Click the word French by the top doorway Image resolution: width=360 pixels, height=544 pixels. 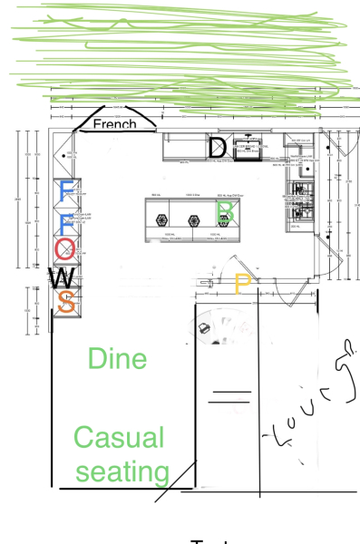(114, 123)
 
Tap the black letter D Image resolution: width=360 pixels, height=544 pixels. (218, 147)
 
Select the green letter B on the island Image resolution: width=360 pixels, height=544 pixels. (226, 212)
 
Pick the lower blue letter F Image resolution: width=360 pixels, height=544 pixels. (65, 221)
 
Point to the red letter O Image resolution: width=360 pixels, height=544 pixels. (63, 248)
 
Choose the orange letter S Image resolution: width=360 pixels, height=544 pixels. (65, 302)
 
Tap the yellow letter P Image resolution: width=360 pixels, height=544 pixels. (242, 284)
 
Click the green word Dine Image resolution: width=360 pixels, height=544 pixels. (117, 358)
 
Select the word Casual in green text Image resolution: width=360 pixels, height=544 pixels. (119, 438)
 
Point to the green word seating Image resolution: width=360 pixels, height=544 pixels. (123, 471)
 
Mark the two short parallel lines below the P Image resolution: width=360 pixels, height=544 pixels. (230, 395)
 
